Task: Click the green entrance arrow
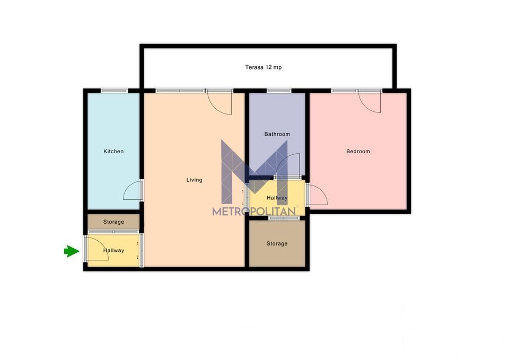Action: (x=71, y=251)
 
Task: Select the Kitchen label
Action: (x=113, y=152)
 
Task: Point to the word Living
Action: (x=194, y=180)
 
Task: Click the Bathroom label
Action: (x=277, y=134)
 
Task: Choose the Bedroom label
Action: (x=358, y=152)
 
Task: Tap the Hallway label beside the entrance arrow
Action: (x=113, y=250)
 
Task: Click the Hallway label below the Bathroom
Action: (x=277, y=198)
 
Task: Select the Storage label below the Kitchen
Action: (x=113, y=222)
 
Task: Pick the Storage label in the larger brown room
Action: (x=277, y=244)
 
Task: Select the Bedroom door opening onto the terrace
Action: (x=370, y=101)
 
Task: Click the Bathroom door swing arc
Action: (x=288, y=164)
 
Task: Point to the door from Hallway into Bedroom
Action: (x=318, y=195)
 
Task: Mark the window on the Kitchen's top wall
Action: (x=113, y=91)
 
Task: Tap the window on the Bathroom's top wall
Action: (x=278, y=91)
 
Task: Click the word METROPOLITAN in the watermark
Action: (x=254, y=212)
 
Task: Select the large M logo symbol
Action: (x=254, y=170)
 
